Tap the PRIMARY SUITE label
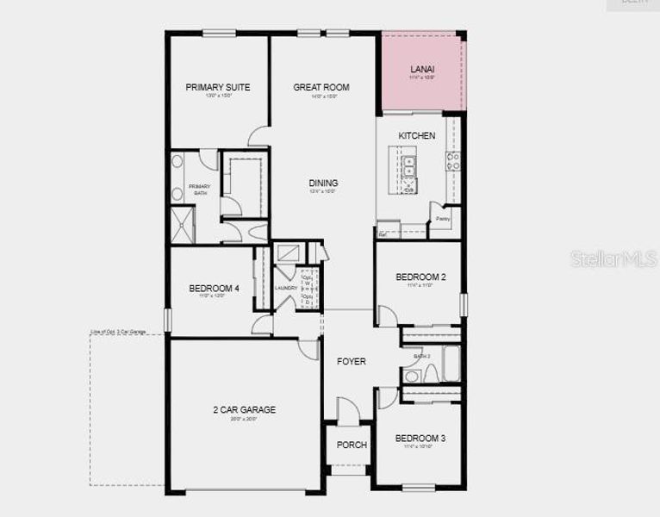point(218,87)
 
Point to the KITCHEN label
point(416,136)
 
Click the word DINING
point(323,183)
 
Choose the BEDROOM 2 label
point(420,277)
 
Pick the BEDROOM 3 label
point(420,439)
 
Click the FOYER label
point(351,361)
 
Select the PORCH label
point(351,445)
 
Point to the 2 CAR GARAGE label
point(245,409)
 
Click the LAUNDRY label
point(286,288)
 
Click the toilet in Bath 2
point(411,376)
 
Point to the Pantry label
point(442,219)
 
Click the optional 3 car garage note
point(119,330)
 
